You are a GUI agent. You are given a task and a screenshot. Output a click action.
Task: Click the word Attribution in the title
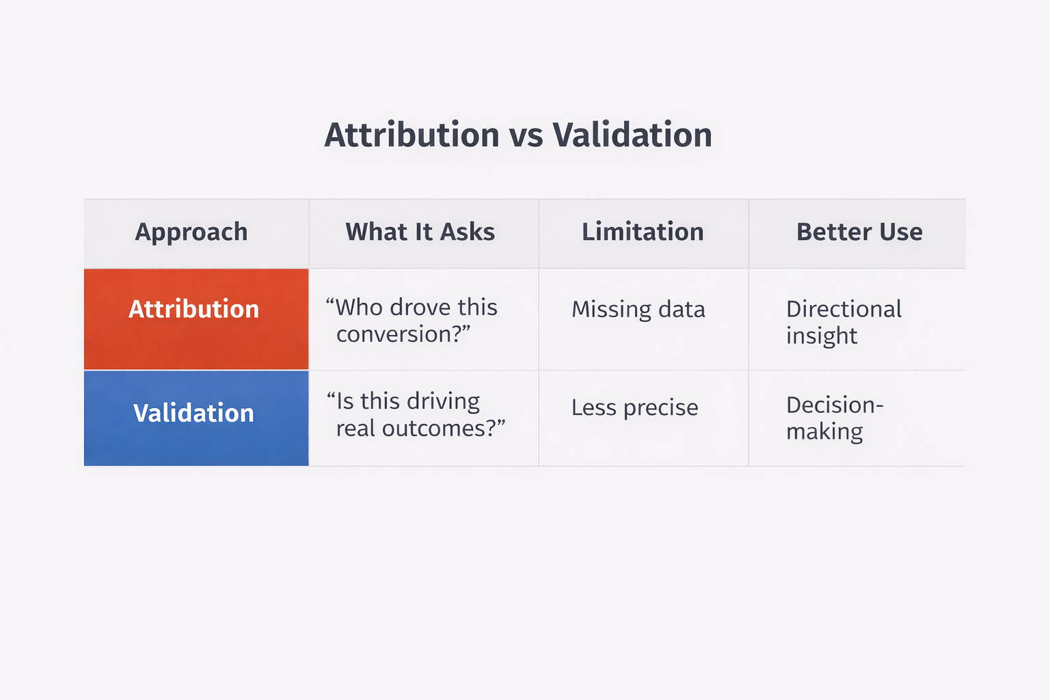412,135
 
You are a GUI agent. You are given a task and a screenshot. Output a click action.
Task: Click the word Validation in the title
632,135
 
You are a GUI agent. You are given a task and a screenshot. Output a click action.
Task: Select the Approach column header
191,232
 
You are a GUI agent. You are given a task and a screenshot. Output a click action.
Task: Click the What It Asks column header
420,232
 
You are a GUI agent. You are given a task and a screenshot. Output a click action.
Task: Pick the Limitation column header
643,232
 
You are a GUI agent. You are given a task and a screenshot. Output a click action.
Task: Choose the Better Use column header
859,232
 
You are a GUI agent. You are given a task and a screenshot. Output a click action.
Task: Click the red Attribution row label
194,309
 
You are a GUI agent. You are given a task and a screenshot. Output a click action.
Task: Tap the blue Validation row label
193,413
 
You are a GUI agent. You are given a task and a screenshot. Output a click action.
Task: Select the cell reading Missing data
638,310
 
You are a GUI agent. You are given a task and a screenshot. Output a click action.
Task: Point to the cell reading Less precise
634,407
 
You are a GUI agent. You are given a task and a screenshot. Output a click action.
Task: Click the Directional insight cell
844,322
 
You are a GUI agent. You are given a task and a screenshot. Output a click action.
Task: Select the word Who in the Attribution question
360,308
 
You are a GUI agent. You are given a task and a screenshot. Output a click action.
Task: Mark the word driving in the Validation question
446,401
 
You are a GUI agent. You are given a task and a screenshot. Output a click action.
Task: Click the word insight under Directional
821,336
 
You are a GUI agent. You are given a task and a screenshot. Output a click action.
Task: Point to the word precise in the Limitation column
660,408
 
